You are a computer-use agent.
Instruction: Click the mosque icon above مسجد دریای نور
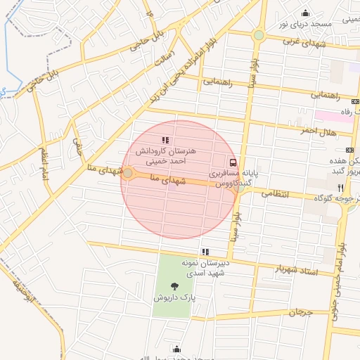pyautogui.click(x=305, y=13)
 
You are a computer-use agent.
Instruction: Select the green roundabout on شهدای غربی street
pyautogui.click(x=259, y=34)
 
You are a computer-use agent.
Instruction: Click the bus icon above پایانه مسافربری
pyautogui.click(x=233, y=162)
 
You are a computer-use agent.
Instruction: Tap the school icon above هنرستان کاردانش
pyautogui.click(x=165, y=140)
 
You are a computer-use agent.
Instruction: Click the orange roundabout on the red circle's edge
pyautogui.click(x=128, y=172)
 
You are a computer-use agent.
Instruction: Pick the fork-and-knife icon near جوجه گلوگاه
pyautogui.click(x=340, y=188)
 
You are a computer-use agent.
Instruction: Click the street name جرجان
pyautogui.click(x=299, y=311)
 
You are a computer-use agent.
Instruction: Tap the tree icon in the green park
pyautogui.click(x=174, y=285)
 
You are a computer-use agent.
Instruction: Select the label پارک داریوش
pyautogui.click(x=173, y=298)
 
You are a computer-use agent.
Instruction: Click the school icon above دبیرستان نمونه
pyautogui.click(x=205, y=251)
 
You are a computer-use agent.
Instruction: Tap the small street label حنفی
pyautogui.click(x=77, y=146)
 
